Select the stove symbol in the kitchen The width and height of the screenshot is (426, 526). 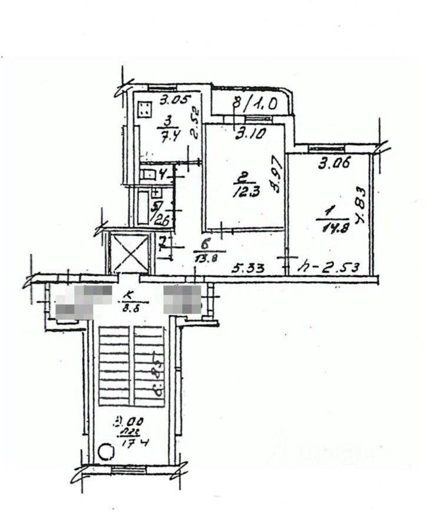[144, 109]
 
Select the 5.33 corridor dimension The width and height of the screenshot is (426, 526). [248, 267]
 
